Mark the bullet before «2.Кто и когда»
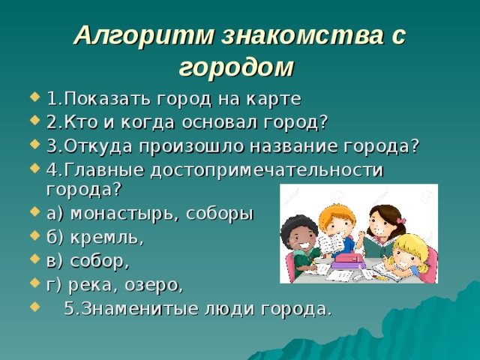pyautogui.click(x=35, y=122)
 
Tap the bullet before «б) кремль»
pyautogui.click(x=35, y=238)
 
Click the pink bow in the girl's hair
pyautogui.click(x=401, y=220)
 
